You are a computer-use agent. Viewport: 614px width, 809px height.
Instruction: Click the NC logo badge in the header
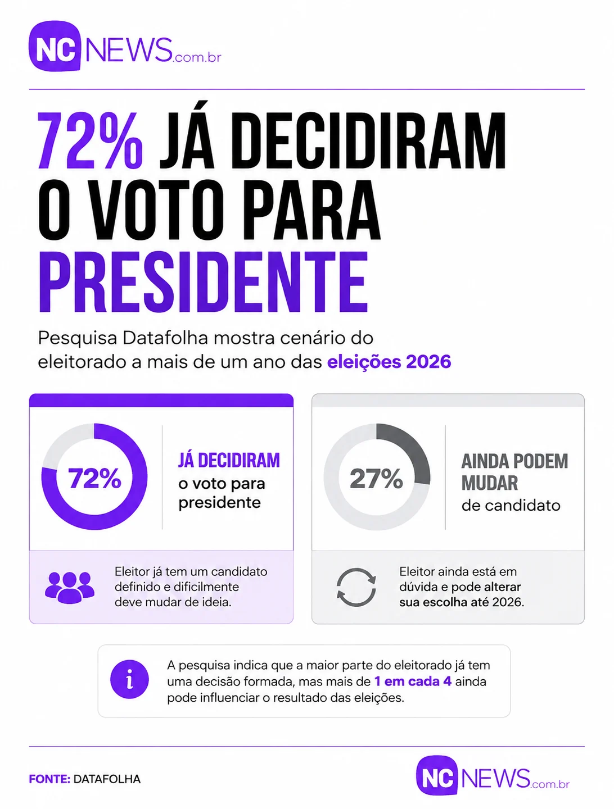[55, 46]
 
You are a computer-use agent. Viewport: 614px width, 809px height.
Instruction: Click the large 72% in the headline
[91, 140]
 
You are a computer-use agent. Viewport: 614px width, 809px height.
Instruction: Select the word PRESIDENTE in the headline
[204, 282]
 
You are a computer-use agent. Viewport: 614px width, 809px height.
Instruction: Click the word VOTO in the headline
[156, 211]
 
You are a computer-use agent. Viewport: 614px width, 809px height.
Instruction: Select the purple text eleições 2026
[389, 362]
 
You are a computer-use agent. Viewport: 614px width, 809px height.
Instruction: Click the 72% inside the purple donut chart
[94, 479]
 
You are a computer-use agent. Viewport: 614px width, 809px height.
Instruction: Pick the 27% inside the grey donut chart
[376, 479]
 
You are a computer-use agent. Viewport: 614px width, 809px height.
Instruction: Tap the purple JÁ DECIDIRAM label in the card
[229, 460]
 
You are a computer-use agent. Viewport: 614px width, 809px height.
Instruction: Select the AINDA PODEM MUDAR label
[514, 472]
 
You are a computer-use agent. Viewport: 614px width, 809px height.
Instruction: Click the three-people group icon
[69, 587]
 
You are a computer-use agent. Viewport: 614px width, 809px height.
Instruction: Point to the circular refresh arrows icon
[356, 587]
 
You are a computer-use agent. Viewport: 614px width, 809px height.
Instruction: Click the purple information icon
[129, 679]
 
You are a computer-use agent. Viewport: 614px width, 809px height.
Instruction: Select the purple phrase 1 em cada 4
[413, 681]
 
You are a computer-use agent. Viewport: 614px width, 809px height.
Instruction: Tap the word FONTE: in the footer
[49, 779]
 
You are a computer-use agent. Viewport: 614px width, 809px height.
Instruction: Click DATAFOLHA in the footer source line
[107, 779]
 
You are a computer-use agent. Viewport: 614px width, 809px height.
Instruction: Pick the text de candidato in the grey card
[511, 505]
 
